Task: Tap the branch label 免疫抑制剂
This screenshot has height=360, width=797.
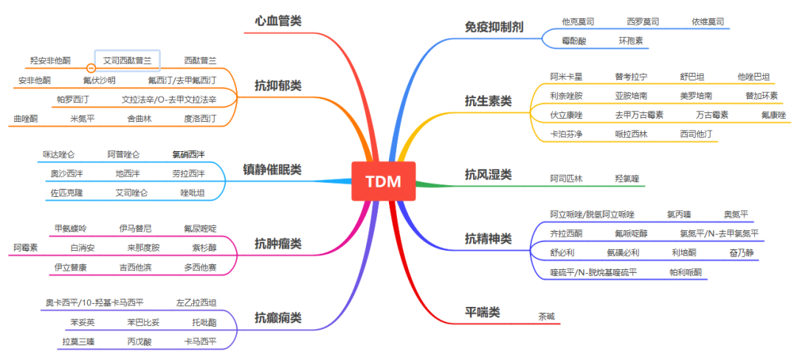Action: click(494, 27)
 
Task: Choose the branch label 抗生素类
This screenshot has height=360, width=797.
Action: click(488, 100)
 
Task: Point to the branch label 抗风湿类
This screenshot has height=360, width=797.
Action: click(488, 175)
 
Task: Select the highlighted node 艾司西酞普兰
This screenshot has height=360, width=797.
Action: click(127, 60)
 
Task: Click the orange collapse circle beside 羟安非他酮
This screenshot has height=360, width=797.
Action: click(91, 60)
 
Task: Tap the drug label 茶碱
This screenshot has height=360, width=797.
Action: click(547, 316)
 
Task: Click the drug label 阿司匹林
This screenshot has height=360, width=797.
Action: click(566, 179)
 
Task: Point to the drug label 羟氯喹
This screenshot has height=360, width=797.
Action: click(627, 179)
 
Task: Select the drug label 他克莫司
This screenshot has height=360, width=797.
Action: click(578, 22)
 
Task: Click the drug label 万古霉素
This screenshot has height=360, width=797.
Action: click(712, 115)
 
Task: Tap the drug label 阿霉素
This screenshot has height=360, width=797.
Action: click(25, 247)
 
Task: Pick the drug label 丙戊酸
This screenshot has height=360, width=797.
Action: click(139, 342)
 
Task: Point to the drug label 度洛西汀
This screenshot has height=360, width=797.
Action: click(200, 118)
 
